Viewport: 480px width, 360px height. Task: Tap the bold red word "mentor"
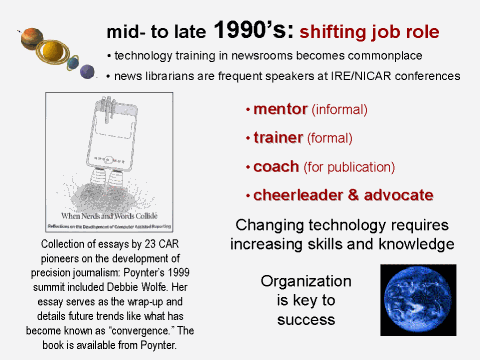280,109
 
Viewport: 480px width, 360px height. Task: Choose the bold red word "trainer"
278,137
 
